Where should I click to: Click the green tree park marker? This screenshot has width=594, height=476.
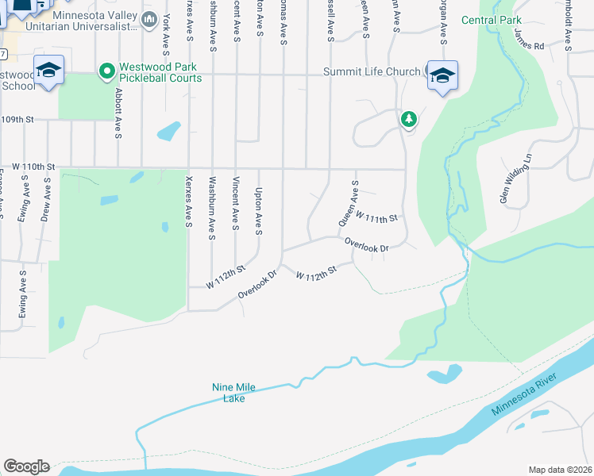(x=409, y=119)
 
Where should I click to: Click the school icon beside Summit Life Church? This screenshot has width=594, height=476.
(x=442, y=75)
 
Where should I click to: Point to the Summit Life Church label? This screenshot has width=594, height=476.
(x=371, y=72)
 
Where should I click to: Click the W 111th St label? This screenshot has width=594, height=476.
(x=376, y=216)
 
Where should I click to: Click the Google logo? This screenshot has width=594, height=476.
(x=26, y=466)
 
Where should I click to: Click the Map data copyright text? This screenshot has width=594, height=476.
(x=559, y=470)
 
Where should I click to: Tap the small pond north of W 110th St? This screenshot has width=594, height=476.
(x=169, y=130)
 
